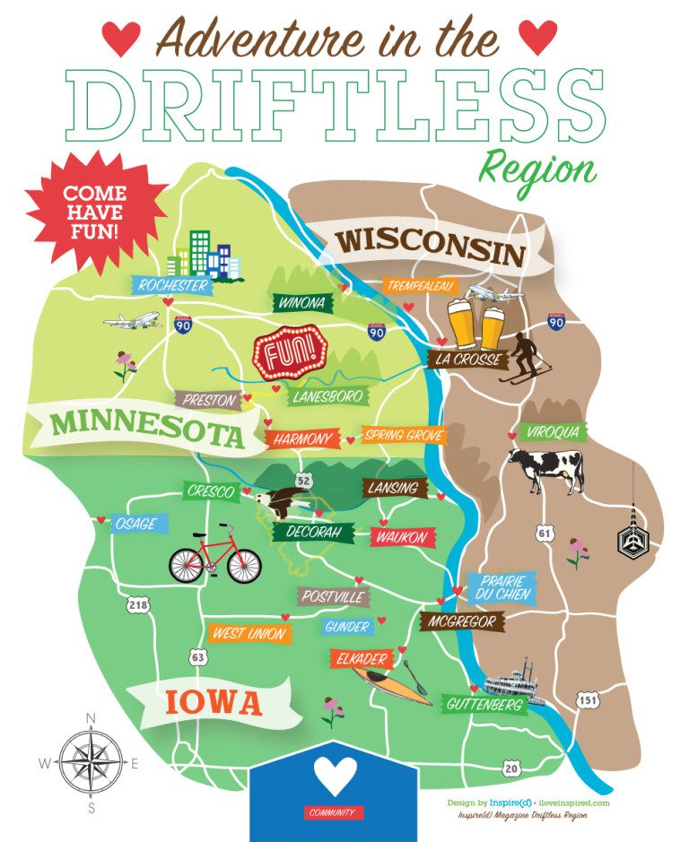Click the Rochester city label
[x=172, y=286]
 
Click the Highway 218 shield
[x=137, y=605]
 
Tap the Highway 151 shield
[x=587, y=699]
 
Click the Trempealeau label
[x=421, y=286]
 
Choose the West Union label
[x=249, y=634]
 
